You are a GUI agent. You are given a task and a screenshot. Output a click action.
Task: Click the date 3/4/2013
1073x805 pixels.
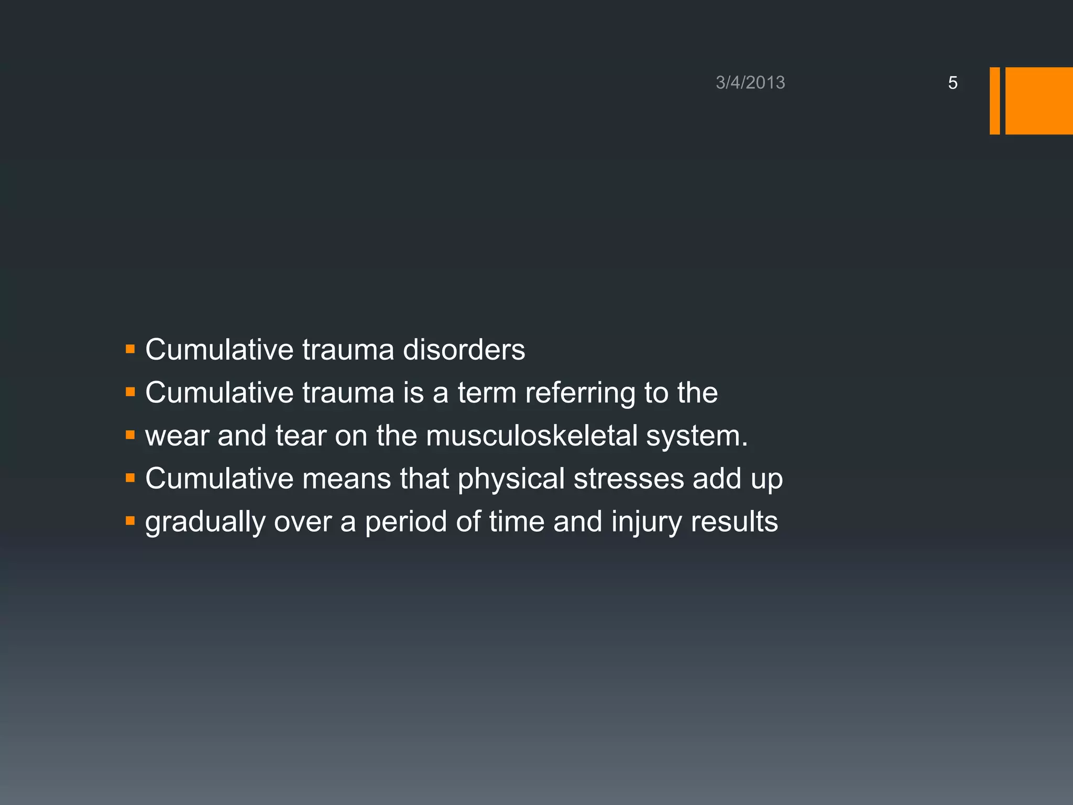pos(750,83)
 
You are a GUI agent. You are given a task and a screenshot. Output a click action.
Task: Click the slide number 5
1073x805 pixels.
pos(952,83)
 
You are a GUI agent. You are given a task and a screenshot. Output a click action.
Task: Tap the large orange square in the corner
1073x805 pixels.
pos(1039,101)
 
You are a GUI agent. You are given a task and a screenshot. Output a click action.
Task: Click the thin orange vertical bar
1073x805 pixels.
pos(994,101)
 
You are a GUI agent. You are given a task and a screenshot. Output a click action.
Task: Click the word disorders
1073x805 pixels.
pos(464,350)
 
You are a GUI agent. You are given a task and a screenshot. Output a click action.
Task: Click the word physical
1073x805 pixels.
pos(511,479)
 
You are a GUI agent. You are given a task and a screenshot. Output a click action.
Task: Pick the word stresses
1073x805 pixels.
pos(629,479)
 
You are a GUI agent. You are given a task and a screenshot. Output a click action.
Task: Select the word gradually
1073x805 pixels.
pos(205,523)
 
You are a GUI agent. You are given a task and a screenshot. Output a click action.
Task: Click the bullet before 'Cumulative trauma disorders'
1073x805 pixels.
pos(130,349)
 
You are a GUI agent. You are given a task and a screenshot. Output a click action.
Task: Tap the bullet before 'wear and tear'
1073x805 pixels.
pos(130,434)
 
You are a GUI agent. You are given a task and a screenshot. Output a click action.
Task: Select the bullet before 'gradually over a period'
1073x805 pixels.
pos(130,520)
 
